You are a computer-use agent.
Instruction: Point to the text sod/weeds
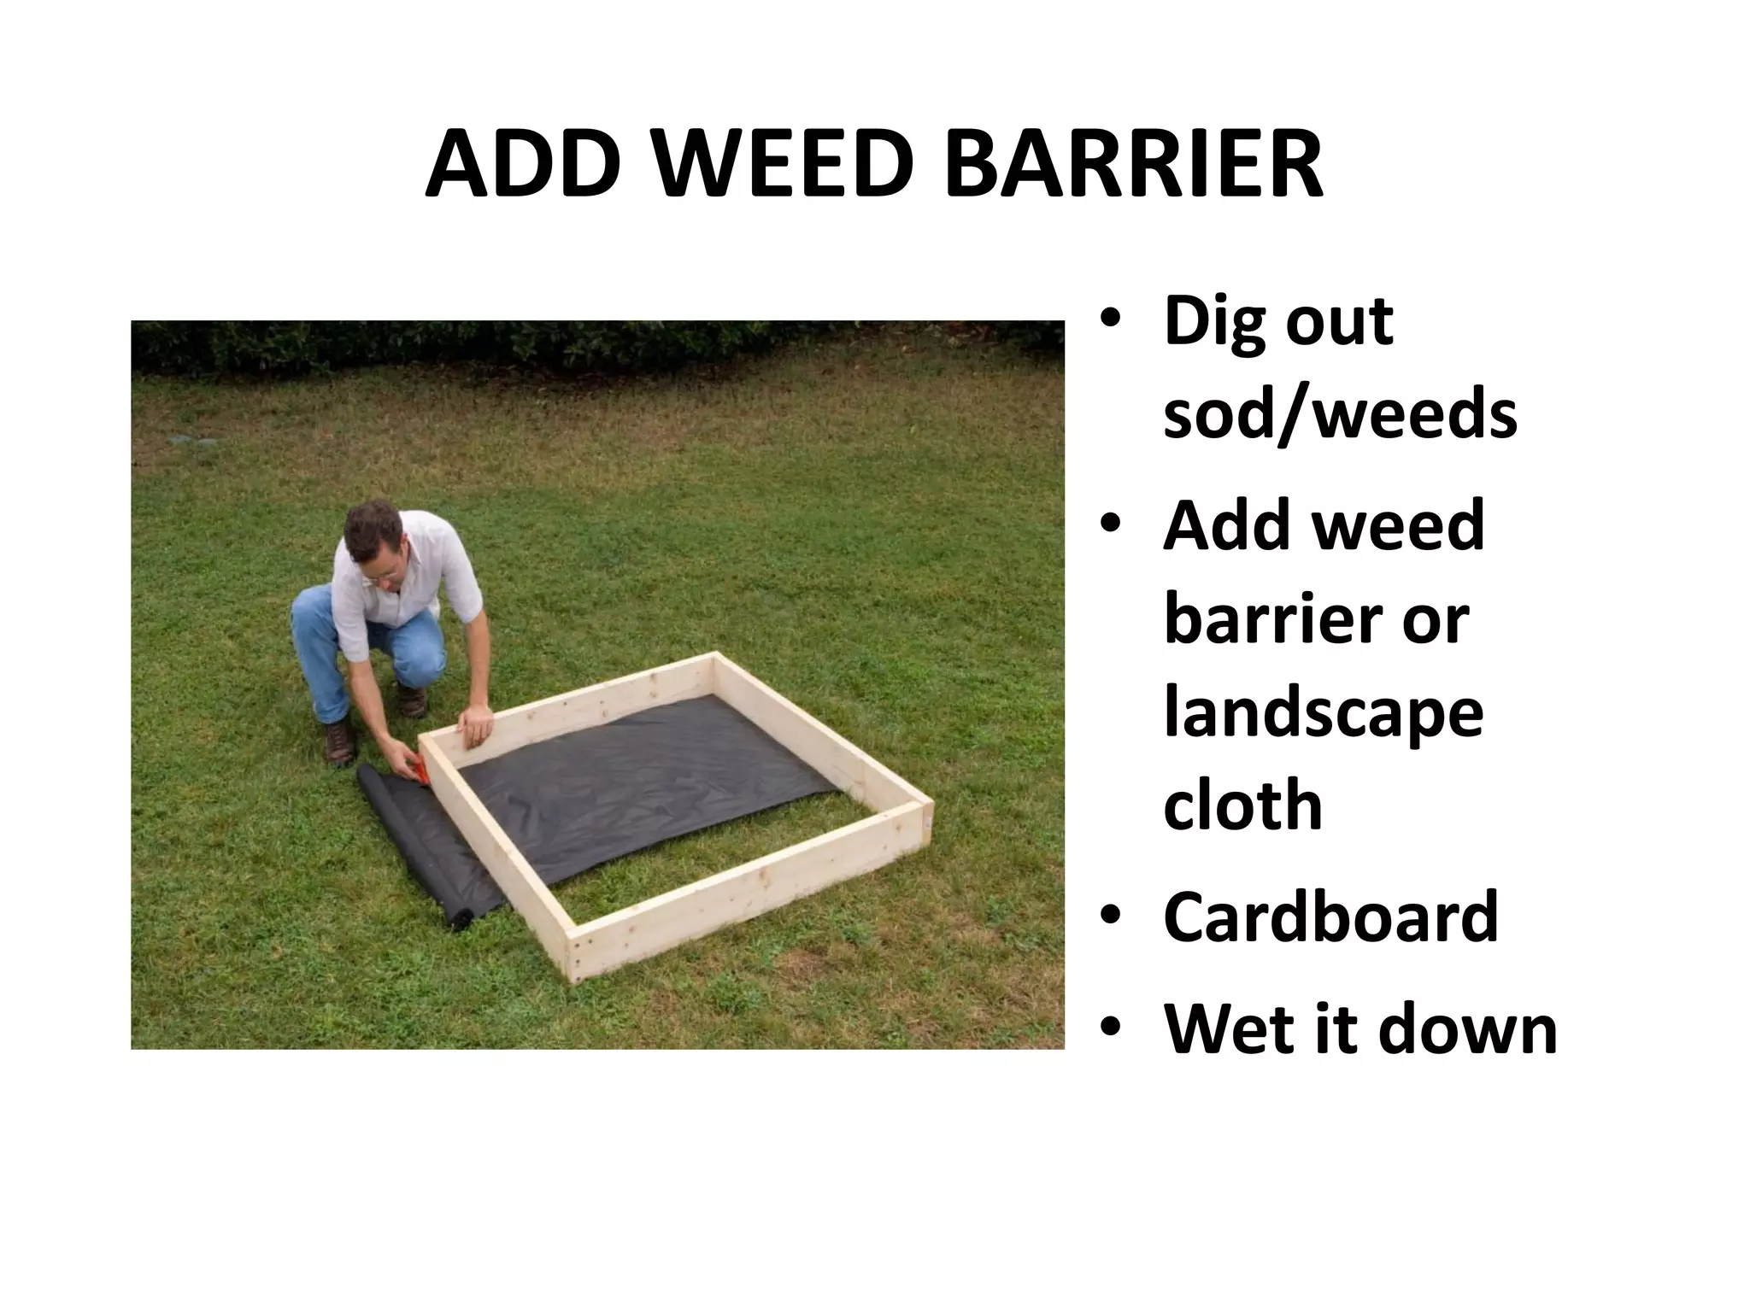tap(1340, 416)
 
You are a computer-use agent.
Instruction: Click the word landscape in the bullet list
tap(1324, 716)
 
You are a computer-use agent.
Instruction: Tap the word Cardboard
tap(1330, 917)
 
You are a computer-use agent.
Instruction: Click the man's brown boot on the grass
tap(340, 741)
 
